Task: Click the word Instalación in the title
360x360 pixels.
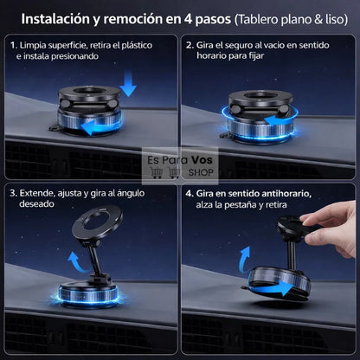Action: [x=55, y=16]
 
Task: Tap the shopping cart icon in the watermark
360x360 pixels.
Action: [x=157, y=173]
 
